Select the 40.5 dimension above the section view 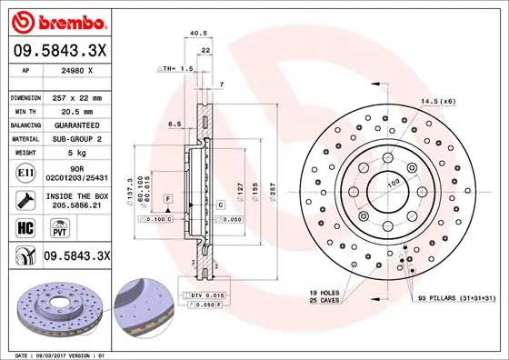(194, 35)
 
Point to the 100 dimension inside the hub (394, 185)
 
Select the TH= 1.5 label (175, 69)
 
